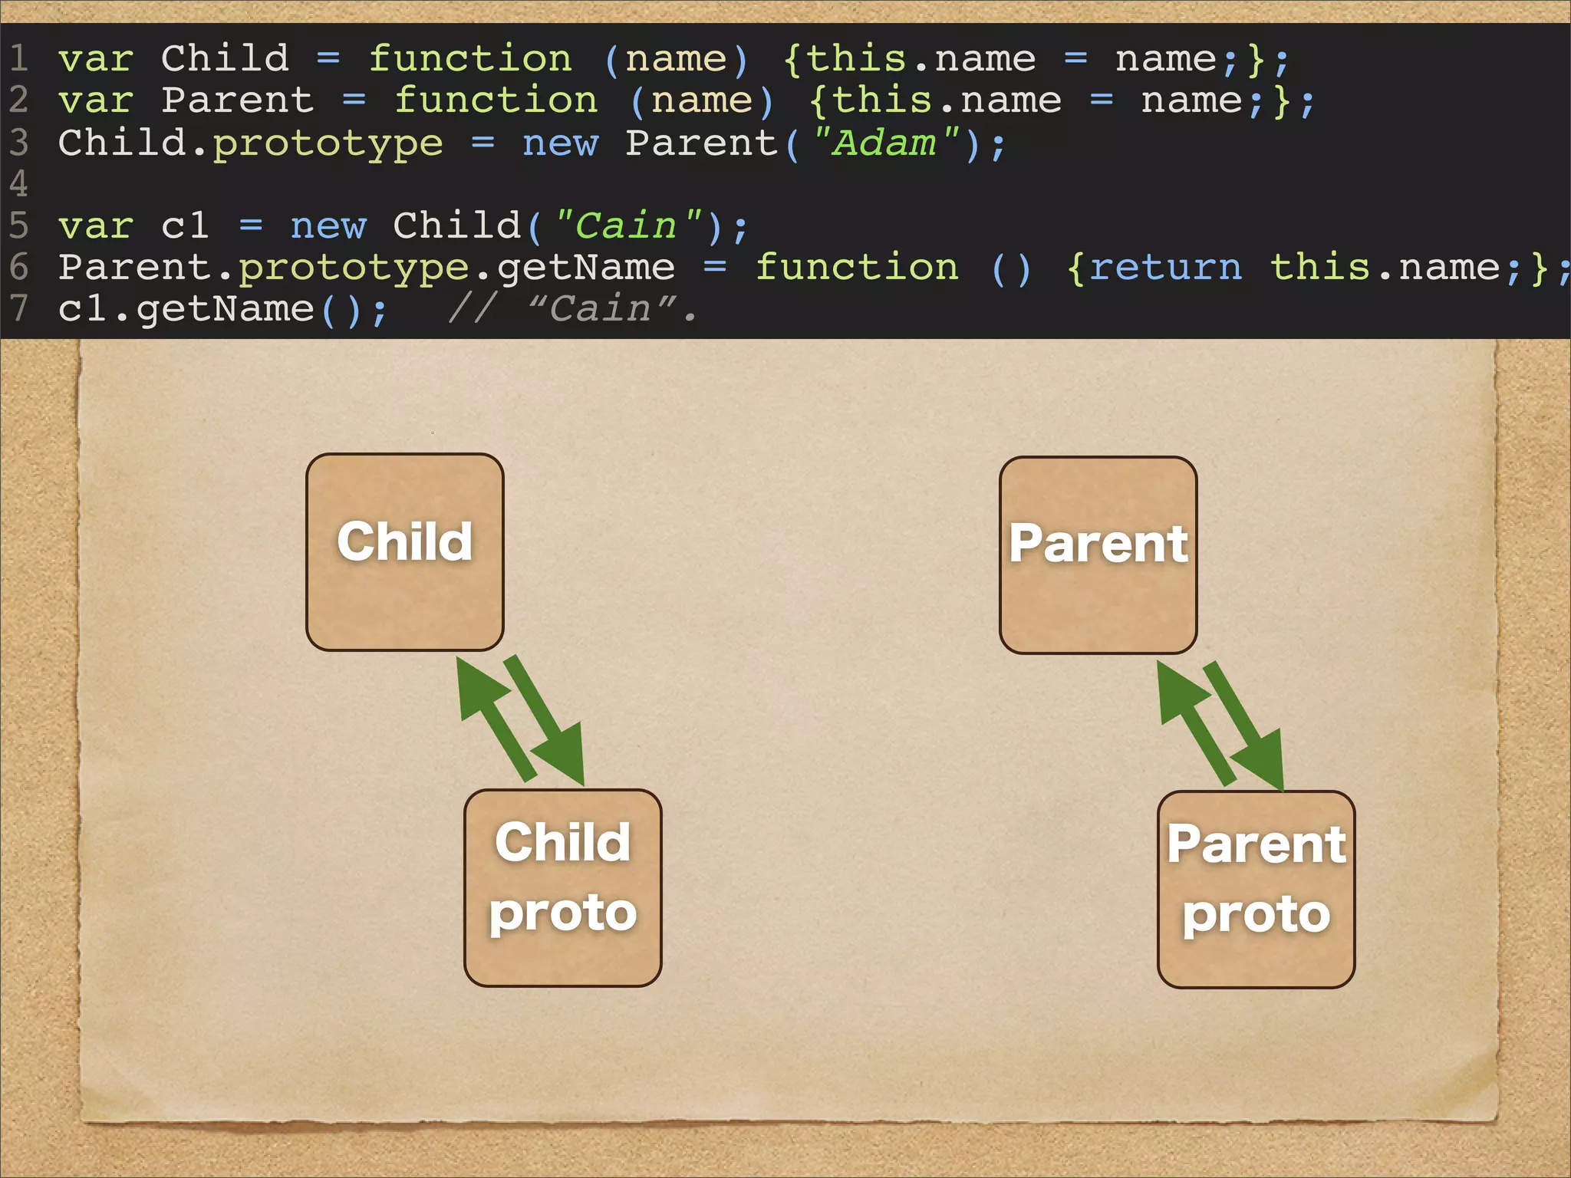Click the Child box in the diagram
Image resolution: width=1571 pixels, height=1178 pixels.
coord(404,551)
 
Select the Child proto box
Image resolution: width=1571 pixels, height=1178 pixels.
coord(562,887)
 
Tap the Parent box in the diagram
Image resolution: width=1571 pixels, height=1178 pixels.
coord(1098,554)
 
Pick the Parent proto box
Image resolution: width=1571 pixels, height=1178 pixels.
coord(1256,889)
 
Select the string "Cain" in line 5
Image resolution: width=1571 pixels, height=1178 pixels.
coord(626,226)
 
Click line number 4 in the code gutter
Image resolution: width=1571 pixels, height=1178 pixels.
coord(18,184)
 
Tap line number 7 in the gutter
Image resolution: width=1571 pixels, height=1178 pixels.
coord(18,309)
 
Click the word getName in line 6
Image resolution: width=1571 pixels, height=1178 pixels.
coord(586,268)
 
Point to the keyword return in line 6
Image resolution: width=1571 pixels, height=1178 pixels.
coord(1164,268)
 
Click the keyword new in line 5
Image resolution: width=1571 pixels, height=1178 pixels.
coord(328,226)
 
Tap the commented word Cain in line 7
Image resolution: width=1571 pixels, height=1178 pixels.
coord(600,309)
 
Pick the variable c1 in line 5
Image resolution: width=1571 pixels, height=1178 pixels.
coord(185,226)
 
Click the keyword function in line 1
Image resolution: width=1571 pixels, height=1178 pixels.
coord(470,59)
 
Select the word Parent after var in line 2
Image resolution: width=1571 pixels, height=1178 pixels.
coord(237,100)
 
